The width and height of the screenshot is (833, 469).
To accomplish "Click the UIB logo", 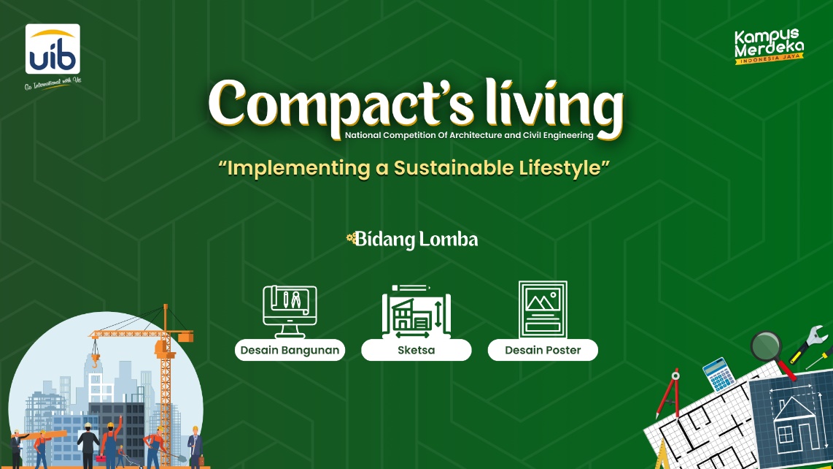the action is click(53, 49).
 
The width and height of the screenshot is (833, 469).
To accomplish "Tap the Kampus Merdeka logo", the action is click(769, 46).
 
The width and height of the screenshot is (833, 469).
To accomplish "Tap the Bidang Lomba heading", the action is click(412, 240).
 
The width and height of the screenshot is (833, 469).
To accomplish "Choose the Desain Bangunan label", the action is click(290, 350).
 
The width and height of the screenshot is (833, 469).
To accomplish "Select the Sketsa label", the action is click(416, 350).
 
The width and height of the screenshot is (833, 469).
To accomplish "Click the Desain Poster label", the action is click(543, 350).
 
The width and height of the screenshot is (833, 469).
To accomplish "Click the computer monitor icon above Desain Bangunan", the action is click(290, 311).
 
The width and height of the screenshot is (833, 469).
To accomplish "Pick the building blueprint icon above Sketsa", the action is click(416, 311).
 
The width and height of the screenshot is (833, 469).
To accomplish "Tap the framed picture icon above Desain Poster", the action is click(543, 309).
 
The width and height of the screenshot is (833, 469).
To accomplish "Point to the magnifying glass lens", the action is click(766, 346).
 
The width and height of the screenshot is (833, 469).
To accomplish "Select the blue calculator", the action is click(718, 375).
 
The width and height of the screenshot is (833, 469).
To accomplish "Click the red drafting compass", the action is click(668, 394).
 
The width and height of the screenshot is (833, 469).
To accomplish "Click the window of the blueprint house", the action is click(785, 435).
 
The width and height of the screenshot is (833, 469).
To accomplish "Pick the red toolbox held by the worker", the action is click(101, 458).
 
